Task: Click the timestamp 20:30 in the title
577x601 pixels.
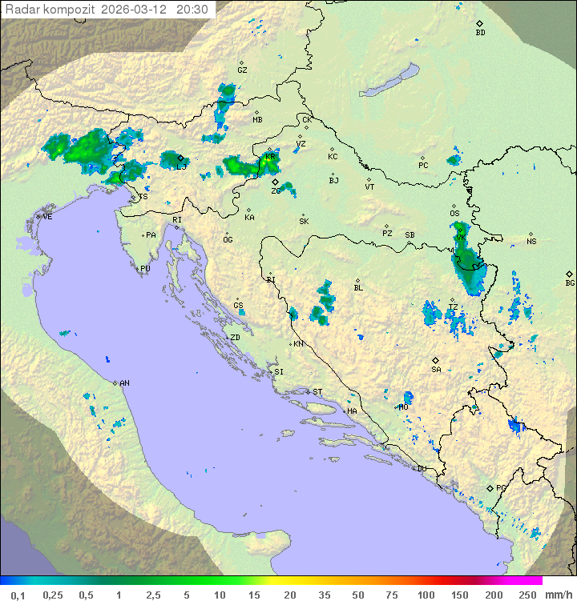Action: pos(192,10)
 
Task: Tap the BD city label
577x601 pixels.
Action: pos(480,33)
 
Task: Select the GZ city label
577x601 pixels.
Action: pos(242,70)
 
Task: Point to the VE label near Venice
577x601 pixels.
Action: pos(47,217)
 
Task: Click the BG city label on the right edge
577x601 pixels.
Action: pos(570,283)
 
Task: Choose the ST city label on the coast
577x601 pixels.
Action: pos(317,392)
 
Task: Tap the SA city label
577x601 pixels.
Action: pos(436,370)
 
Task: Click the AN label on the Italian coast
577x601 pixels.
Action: pos(124,383)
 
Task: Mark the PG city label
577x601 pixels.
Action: pos(501,487)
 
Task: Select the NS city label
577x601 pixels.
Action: pos(531,242)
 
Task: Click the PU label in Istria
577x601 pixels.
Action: pos(145,269)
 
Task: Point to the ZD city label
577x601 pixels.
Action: pos(235,338)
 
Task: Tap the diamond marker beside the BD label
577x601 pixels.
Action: pos(479,24)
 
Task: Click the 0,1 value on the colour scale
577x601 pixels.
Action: pos(18,595)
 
